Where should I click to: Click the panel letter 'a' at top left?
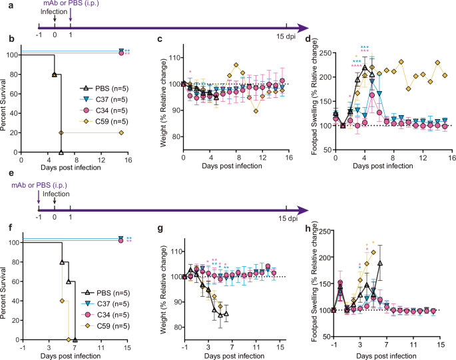(x=5, y=5)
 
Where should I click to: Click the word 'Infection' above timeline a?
(x=54, y=12)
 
